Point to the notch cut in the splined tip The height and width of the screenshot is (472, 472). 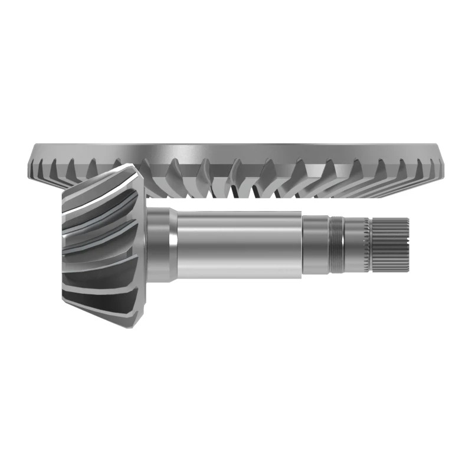pos(406,243)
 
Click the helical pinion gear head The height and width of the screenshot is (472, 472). pos(103,242)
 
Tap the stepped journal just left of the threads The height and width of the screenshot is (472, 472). pos(316,245)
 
